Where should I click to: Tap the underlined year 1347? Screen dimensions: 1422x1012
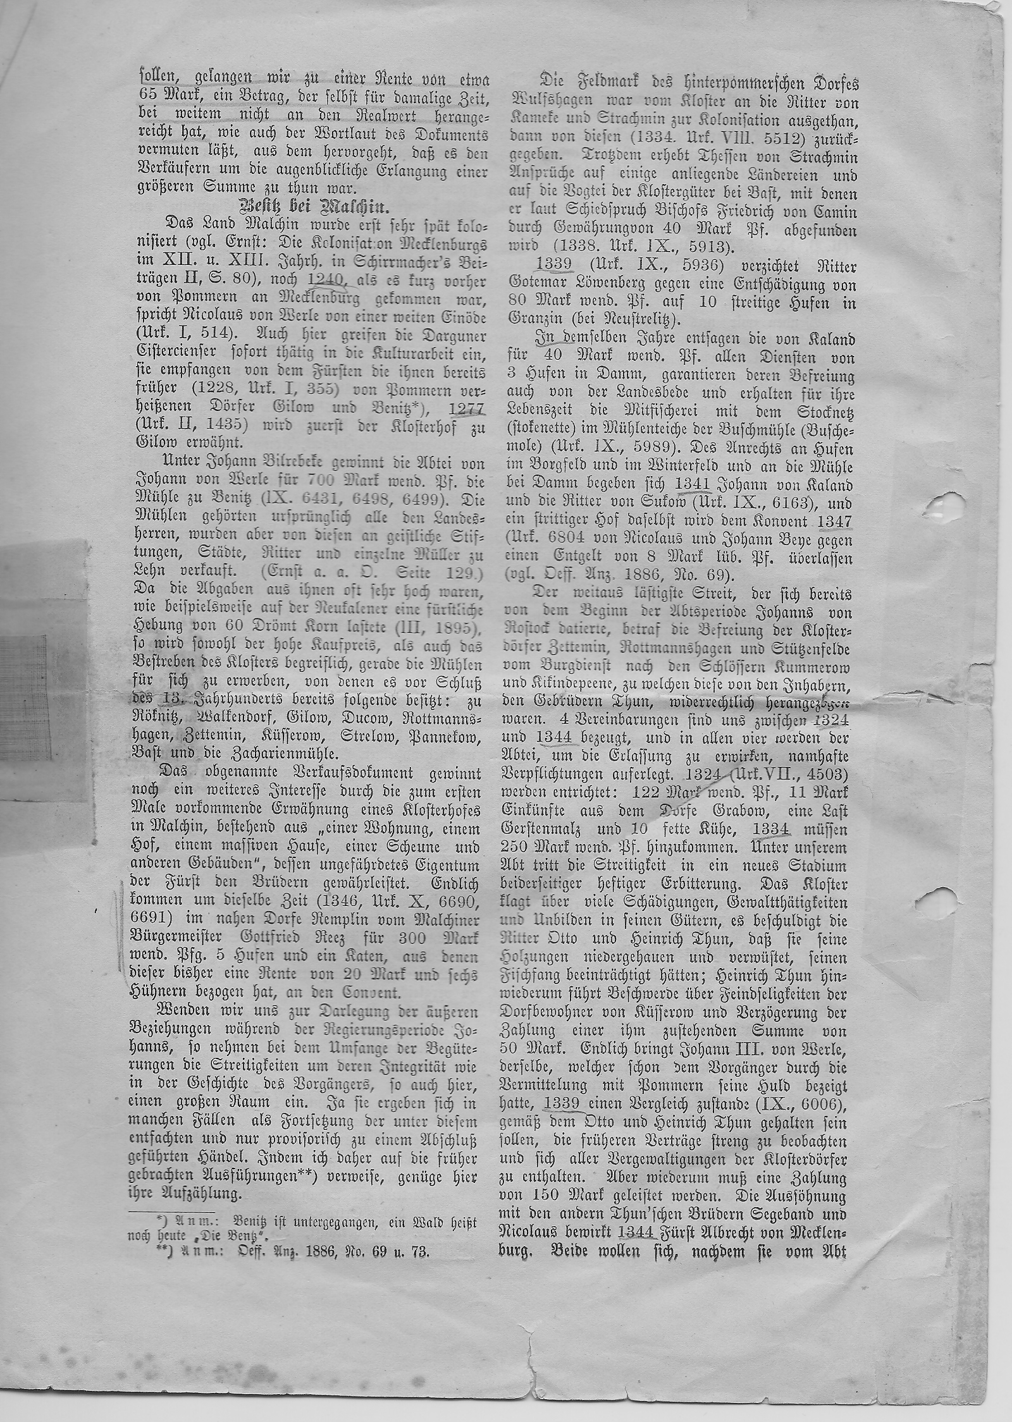834,522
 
